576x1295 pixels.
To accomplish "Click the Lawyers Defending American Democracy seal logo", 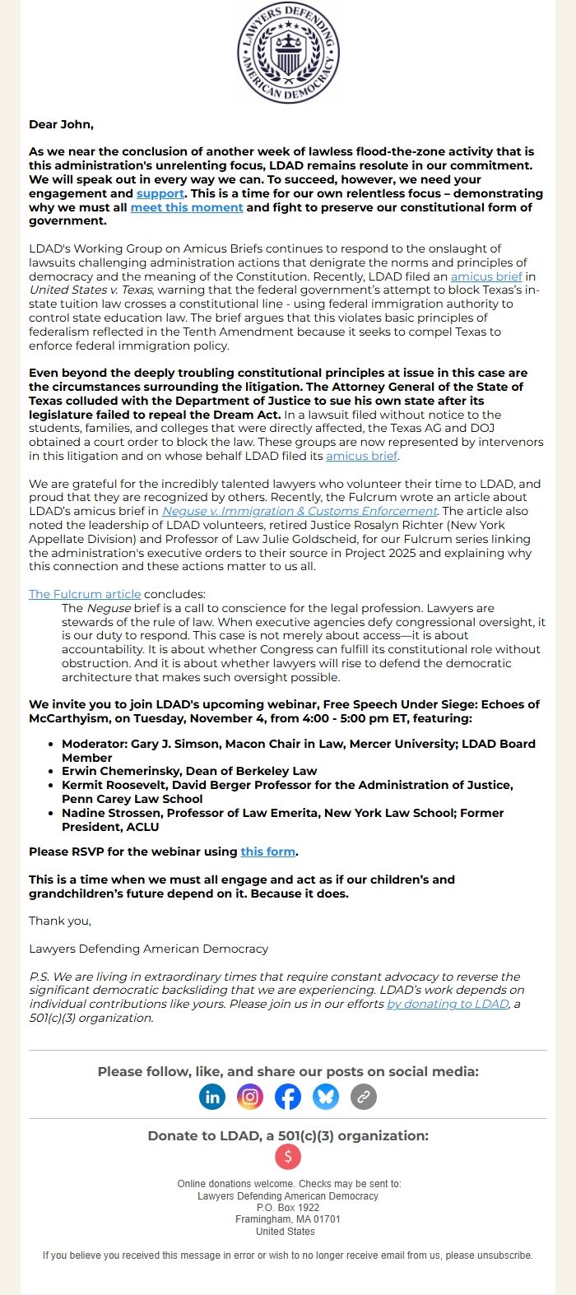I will pos(288,53).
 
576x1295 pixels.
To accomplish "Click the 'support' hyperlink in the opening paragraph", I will pos(160,194).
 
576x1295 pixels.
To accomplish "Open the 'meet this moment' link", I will pos(187,207).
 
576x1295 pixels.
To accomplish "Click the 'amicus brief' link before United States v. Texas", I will pos(486,277).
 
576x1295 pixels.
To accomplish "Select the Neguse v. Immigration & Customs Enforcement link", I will pos(300,511).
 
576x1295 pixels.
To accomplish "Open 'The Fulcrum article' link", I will pos(85,594).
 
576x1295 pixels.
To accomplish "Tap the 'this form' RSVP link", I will pos(267,852).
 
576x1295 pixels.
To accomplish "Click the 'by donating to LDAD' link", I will pos(448,1004).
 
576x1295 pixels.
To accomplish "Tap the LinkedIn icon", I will pos(212,1096).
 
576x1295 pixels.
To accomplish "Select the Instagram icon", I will pos(250,1096).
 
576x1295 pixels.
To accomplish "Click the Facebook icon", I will pos(288,1096).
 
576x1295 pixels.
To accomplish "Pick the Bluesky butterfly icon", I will pos(326,1096).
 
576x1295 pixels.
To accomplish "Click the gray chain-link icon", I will pos(364,1096).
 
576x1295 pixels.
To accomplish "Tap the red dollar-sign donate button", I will pos(288,1157).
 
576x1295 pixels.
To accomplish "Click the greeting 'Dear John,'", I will pos(61,124).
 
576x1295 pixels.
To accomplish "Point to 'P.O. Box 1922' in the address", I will pos(288,1208).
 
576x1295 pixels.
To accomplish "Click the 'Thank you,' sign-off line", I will pos(60,921).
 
